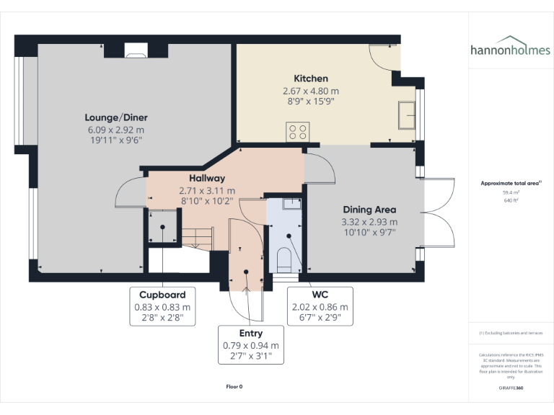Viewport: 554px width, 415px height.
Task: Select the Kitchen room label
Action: (x=310, y=79)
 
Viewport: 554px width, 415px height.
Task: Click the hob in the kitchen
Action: (x=297, y=131)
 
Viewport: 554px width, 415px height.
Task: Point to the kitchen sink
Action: (x=405, y=115)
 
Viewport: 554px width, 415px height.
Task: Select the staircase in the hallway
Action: (x=195, y=236)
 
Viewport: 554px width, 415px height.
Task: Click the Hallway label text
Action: (x=207, y=178)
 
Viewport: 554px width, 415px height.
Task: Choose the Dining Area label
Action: (x=369, y=210)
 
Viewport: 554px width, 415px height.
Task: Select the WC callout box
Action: (x=320, y=306)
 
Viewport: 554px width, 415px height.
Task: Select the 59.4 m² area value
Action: (x=511, y=193)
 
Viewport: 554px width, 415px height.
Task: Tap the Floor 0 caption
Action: (x=234, y=386)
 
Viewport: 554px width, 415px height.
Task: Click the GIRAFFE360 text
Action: (x=510, y=388)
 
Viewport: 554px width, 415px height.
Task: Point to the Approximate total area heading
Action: (x=509, y=184)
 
